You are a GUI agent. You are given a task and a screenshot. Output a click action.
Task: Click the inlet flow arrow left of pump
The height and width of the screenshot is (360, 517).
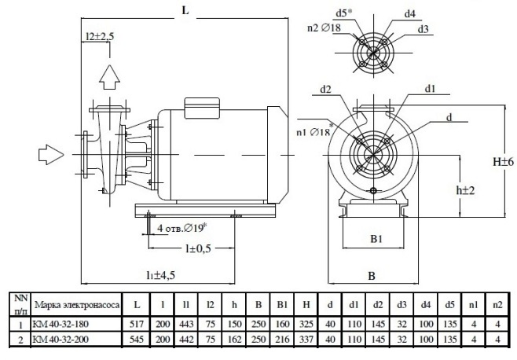(51, 154)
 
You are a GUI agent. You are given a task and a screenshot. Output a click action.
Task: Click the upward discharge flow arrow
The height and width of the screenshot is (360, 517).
(109, 77)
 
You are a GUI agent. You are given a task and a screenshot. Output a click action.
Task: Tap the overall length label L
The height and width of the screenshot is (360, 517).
(185, 10)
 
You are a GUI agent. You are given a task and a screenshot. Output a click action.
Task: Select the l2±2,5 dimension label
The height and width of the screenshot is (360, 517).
(100, 36)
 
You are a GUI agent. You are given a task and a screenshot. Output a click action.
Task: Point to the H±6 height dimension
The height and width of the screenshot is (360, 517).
(503, 162)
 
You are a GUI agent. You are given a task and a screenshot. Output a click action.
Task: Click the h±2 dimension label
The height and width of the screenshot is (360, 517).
(465, 190)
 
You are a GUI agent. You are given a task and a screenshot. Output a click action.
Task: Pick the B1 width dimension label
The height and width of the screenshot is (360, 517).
(376, 239)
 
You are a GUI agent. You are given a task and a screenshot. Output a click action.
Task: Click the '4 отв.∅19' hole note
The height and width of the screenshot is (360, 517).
(181, 228)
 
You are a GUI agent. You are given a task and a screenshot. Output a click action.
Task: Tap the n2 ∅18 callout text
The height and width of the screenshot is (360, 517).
(324, 28)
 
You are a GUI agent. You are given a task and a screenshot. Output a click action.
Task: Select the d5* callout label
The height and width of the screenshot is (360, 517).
(344, 13)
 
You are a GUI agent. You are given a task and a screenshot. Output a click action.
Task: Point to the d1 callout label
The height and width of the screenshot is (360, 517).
(430, 89)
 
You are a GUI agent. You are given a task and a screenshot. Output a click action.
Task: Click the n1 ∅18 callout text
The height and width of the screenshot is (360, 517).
(314, 131)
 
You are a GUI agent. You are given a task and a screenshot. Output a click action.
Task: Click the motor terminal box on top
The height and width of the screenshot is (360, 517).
(202, 108)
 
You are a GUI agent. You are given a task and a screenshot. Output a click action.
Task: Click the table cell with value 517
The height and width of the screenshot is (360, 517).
(137, 324)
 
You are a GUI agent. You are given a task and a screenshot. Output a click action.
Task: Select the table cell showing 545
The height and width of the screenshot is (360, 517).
(137, 339)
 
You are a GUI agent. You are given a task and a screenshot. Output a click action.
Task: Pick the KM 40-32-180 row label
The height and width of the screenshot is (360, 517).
(60, 324)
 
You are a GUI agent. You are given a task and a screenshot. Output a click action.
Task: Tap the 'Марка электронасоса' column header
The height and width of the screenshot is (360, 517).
(76, 305)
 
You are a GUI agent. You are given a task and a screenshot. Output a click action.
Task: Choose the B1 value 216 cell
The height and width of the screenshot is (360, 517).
(282, 339)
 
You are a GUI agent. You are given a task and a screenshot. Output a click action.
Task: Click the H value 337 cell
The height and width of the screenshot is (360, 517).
(306, 339)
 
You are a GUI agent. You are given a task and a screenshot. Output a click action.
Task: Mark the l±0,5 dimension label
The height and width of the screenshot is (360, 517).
(198, 248)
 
